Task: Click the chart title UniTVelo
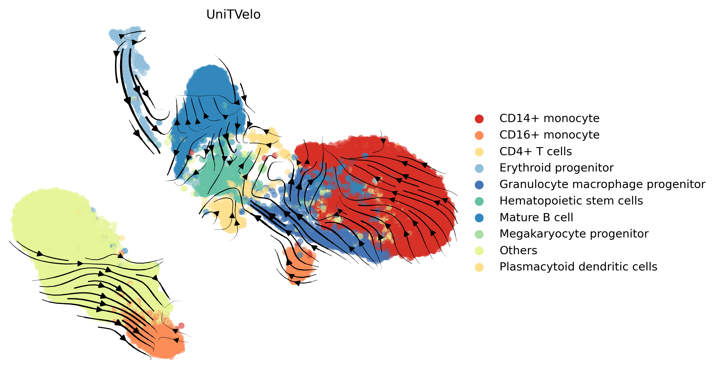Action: [233, 14]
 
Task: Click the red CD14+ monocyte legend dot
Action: [479, 119]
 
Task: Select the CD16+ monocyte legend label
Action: [549, 135]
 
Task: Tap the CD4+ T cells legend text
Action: [536, 151]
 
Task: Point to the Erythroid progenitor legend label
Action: [557, 168]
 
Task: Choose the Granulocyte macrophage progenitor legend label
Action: [602, 184]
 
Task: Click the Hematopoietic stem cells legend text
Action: [571, 201]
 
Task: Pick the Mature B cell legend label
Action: [536, 217]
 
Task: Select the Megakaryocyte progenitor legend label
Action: [574, 234]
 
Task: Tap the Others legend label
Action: [518, 250]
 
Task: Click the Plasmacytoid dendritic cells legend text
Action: [578, 267]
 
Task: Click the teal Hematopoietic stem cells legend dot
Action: [479, 201]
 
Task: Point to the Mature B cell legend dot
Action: [479, 218]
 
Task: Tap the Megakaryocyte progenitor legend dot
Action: [479, 234]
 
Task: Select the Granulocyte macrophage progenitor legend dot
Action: [479, 185]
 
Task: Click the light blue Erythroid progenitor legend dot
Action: [479, 168]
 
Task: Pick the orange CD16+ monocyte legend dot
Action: [479, 135]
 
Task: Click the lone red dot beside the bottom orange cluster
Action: [181, 325]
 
